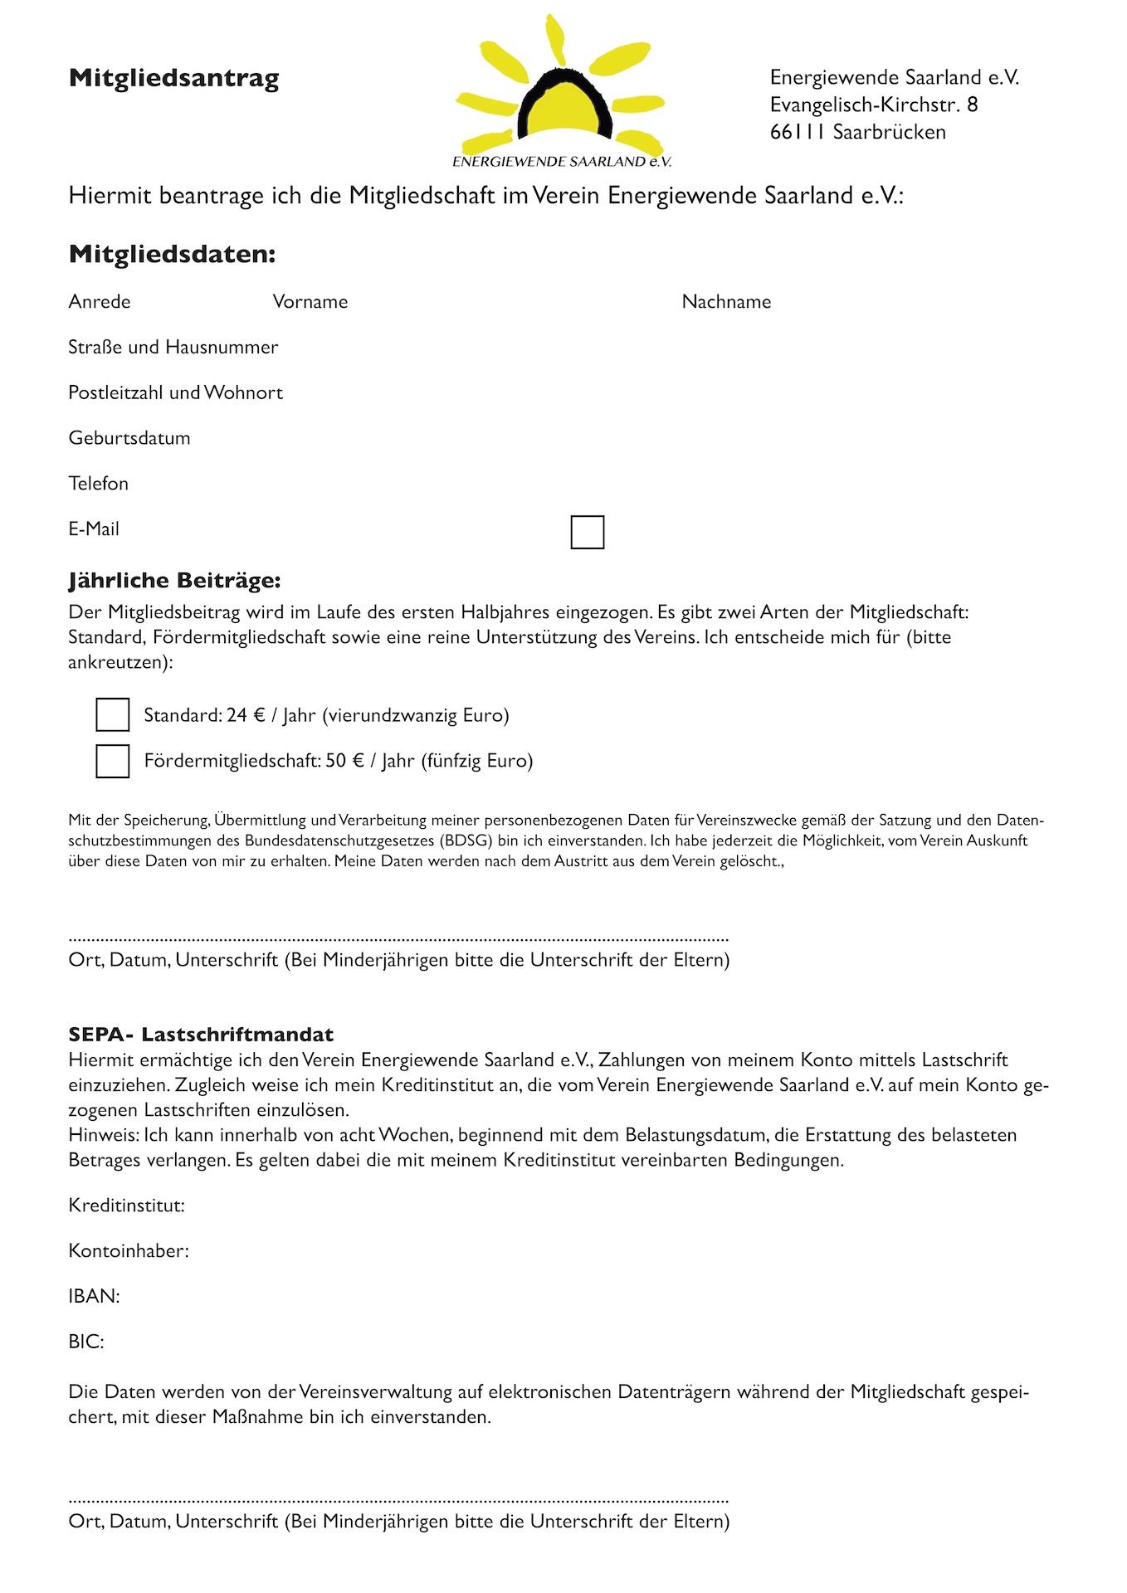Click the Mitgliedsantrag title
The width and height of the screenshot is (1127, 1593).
174,78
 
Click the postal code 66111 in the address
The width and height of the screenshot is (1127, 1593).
797,132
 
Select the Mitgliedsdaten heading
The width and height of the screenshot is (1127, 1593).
172,254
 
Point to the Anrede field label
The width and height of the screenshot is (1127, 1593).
100,302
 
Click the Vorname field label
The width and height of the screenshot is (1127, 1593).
310,302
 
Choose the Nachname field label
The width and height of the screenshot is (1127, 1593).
726,302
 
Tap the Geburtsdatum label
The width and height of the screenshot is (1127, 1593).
129,438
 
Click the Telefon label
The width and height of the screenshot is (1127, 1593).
99,484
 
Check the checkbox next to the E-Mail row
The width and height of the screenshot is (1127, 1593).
588,532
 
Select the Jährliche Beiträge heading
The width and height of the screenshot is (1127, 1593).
174,581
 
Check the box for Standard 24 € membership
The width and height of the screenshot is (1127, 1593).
113,714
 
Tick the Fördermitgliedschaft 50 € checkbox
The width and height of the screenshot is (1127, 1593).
113,761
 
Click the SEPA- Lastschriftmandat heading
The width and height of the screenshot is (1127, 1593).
201,1035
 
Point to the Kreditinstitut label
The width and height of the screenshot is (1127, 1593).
126,1206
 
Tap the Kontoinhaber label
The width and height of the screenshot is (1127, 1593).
129,1251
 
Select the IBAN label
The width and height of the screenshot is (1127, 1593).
94,1297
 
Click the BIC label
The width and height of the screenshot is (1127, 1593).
86,1342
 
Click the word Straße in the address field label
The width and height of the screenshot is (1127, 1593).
95,348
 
